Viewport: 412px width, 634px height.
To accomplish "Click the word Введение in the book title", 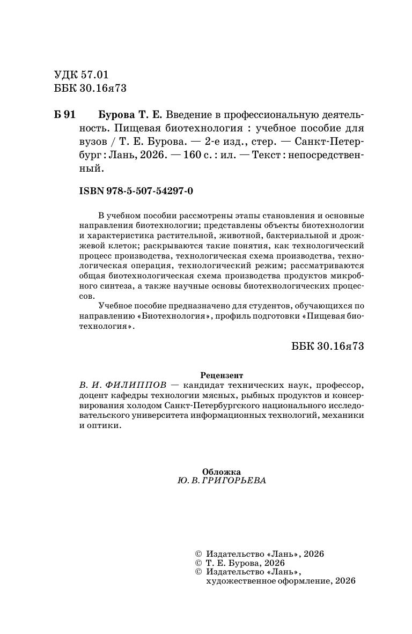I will click(x=188, y=115).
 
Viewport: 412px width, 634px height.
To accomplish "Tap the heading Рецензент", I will click(x=221, y=375).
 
